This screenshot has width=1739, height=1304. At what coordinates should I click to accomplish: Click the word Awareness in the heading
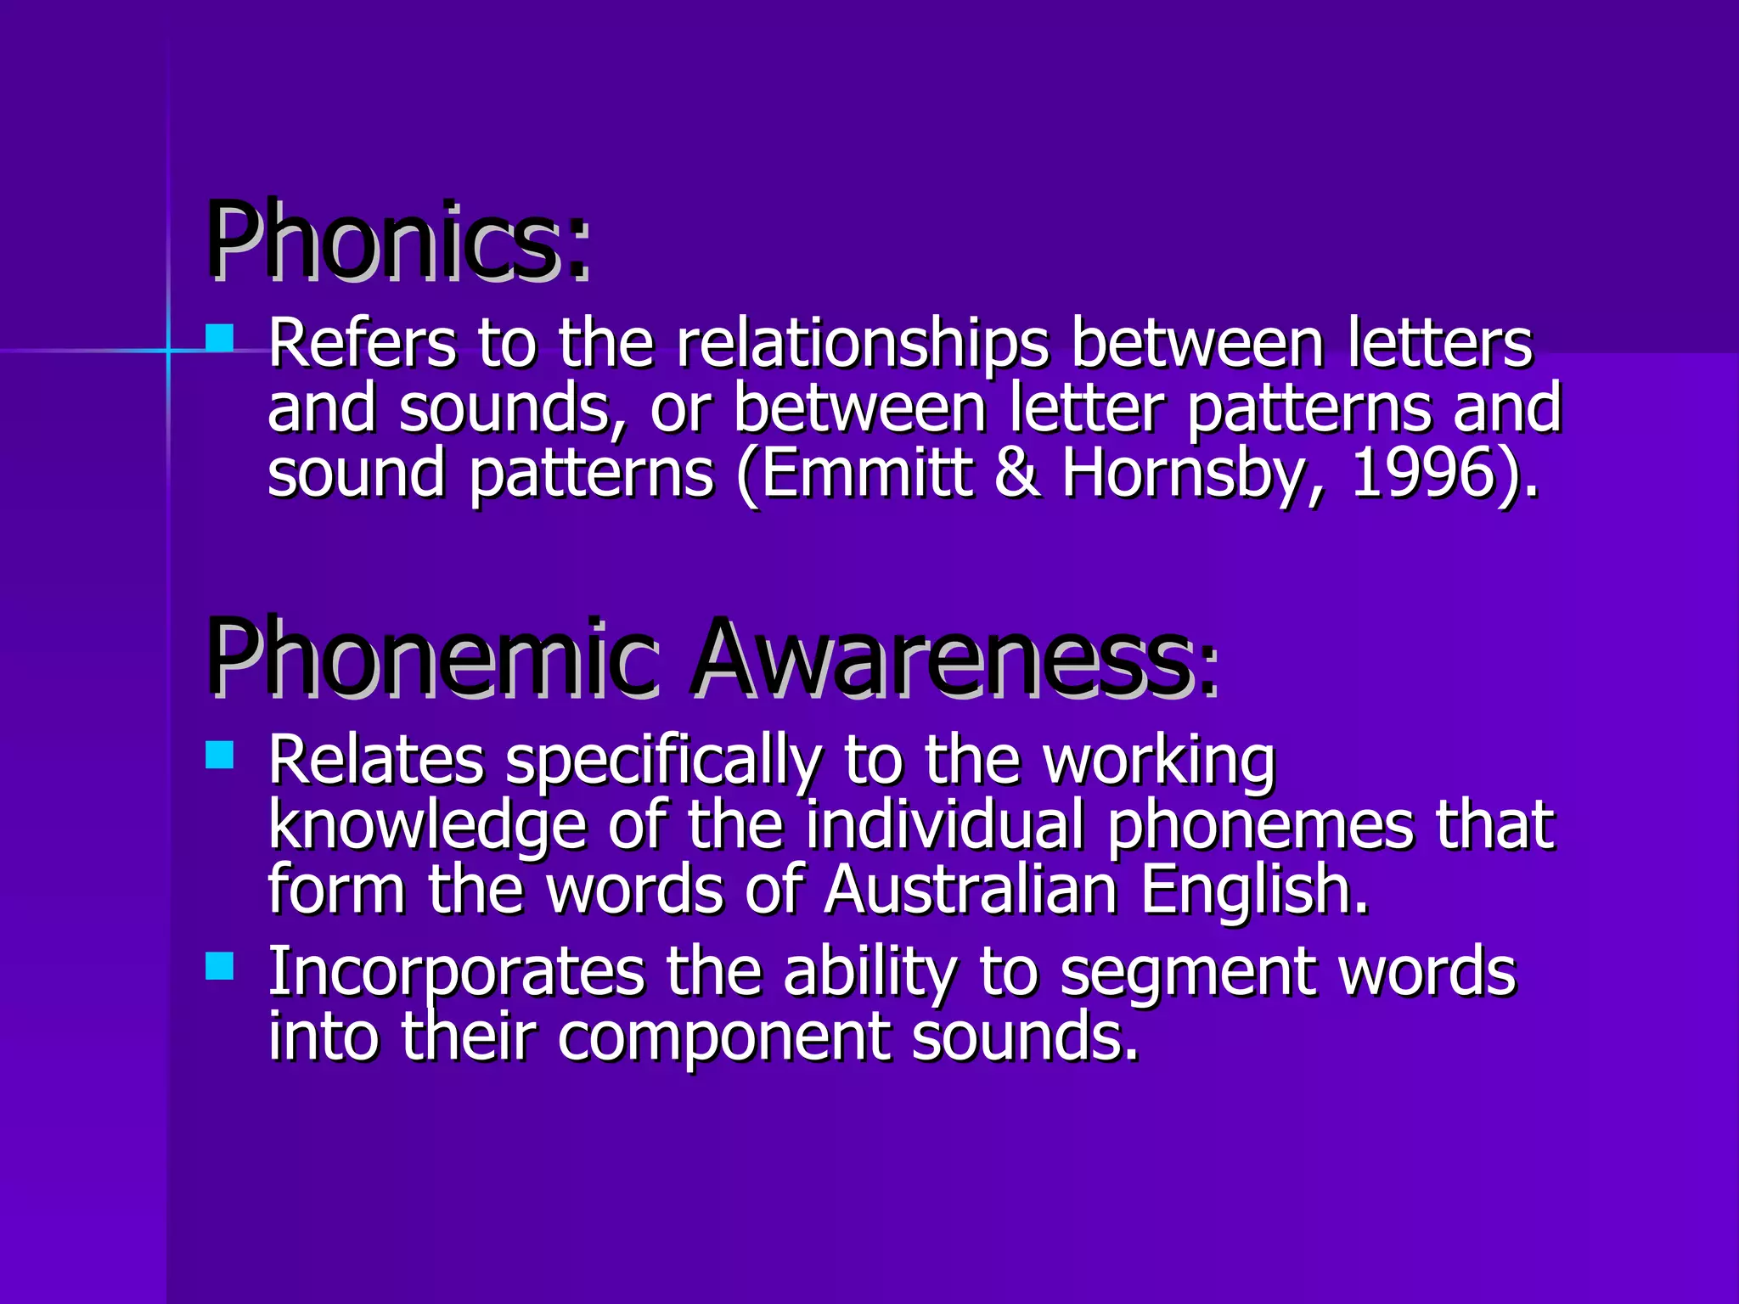[943, 658]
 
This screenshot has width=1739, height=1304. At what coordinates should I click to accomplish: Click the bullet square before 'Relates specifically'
[220, 754]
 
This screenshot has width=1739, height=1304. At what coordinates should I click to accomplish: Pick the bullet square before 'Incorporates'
[220, 965]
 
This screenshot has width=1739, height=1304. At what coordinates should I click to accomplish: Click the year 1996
[1422, 473]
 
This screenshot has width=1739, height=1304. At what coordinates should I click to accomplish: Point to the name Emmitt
[866, 473]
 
